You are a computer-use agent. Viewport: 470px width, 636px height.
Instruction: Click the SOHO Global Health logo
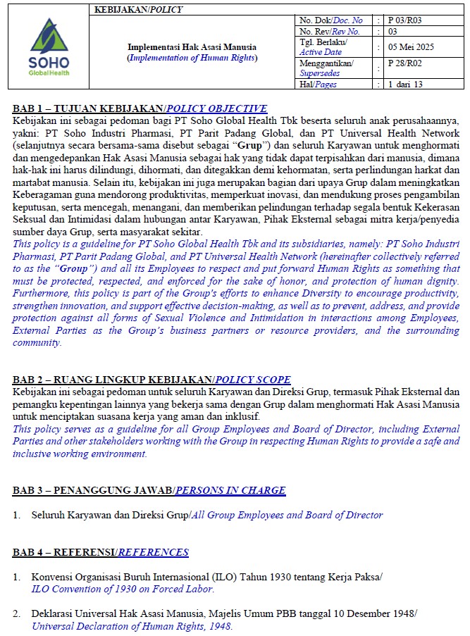pos(49,47)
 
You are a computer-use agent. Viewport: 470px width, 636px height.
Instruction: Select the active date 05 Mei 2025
pos(411,47)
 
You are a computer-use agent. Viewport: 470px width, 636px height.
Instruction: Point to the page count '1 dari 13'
pos(405,85)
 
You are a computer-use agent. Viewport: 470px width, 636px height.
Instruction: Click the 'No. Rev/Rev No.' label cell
pos(330,31)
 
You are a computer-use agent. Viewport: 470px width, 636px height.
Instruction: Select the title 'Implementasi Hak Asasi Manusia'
pos(192,47)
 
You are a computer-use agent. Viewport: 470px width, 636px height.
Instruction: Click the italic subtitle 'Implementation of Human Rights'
pos(192,58)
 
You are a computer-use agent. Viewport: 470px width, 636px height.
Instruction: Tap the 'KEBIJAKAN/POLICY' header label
pos(138,9)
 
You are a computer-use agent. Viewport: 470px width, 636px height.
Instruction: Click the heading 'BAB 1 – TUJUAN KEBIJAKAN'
pos(87,108)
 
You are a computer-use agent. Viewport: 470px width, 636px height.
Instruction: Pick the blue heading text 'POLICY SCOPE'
pos(253,380)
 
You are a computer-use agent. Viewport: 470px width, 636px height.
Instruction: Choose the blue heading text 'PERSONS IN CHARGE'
pos(230,490)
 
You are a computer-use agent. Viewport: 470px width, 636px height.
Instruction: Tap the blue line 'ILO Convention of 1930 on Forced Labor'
pos(123,589)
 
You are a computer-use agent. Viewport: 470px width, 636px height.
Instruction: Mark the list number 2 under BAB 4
pos(16,614)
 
